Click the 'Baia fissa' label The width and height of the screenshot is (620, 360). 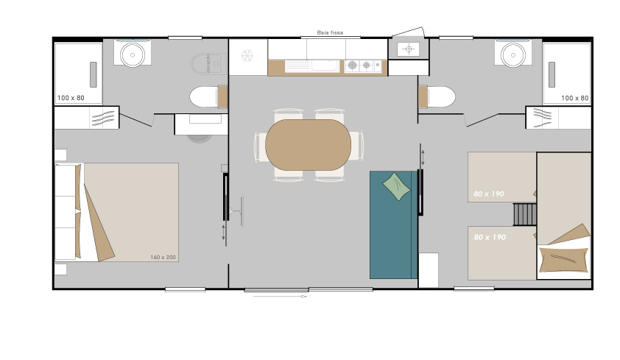(330, 32)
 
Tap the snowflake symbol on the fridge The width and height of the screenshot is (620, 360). (247, 56)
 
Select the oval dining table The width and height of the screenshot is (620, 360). (308, 145)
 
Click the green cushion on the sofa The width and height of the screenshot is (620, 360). (397, 186)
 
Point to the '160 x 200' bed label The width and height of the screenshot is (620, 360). (163, 257)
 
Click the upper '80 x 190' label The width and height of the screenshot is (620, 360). (489, 194)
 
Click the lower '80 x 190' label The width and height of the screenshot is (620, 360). (490, 237)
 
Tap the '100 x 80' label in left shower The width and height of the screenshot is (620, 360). (71, 98)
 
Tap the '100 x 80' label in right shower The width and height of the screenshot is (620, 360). (574, 98)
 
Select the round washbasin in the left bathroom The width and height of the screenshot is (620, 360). (133, 54)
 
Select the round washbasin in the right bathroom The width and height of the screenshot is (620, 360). (512, 54)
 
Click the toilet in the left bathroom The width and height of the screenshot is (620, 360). (208, 97)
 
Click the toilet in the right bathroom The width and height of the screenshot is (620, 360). (437, 97)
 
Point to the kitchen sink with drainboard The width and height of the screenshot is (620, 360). (312, 66)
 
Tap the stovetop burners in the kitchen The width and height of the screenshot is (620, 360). (363, 66)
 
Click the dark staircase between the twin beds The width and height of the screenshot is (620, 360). (525, 214)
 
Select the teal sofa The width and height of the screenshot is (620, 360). (394, 225)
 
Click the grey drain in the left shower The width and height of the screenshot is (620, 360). (94, 74)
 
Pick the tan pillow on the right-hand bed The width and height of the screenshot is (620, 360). (563, 259)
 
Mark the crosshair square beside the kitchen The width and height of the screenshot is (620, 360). (409, 49)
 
